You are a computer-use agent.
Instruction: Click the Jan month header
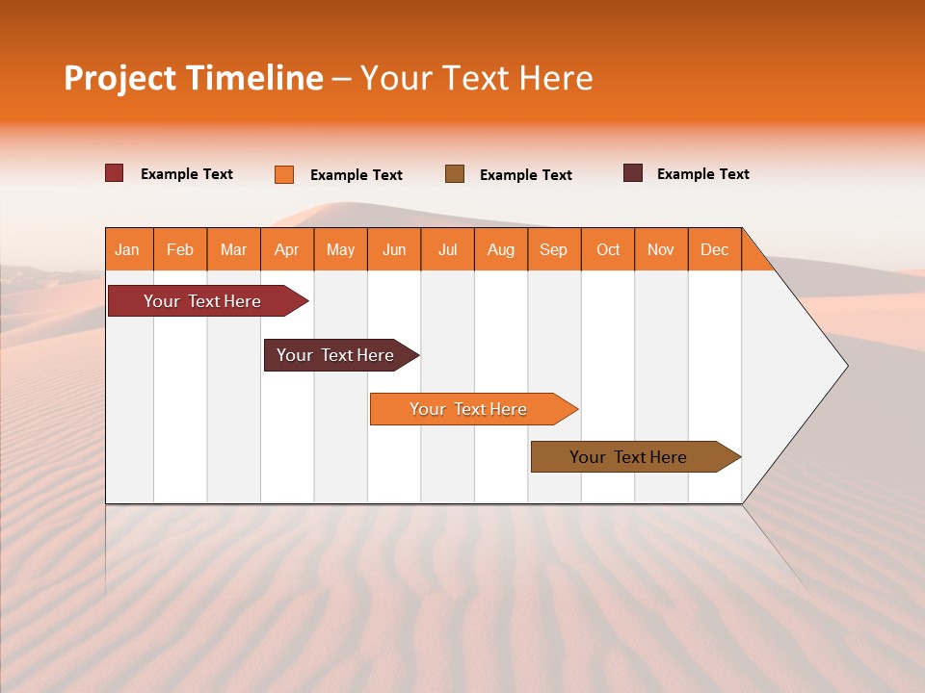128,249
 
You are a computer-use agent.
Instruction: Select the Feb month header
180,249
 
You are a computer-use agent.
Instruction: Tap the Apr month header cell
287,249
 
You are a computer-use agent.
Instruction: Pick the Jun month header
394,249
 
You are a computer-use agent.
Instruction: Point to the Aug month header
501,249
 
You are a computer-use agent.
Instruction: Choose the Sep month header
554,249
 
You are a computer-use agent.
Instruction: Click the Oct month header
608,249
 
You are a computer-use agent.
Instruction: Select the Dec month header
715,249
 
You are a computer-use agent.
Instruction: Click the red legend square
115,173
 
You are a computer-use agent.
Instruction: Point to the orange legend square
284,174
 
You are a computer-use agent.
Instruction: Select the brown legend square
455,173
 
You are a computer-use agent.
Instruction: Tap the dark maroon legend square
633,173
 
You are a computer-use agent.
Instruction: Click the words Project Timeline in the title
194,78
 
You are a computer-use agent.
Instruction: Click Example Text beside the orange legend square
357,175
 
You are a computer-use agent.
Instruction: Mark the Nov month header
661,249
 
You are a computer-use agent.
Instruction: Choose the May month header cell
340,249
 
